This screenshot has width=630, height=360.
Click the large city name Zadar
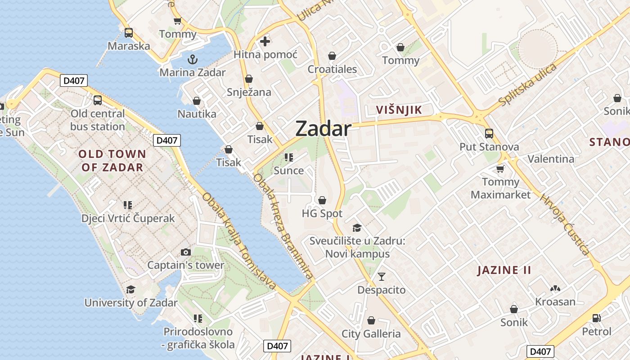point(323,129)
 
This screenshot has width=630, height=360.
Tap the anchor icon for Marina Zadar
point(193,59)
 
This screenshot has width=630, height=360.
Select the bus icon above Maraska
point(129,33)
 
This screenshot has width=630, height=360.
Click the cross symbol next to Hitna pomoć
point(265,41)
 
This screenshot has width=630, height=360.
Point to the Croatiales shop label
point(332,69)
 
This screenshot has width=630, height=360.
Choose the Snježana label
point(249,92)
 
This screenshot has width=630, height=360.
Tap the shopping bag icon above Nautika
point(196,101)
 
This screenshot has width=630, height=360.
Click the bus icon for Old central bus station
point(98,100)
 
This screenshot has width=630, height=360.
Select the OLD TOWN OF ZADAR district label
point(112,161)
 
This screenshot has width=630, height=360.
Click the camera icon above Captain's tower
point(185,252)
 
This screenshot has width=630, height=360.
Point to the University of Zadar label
point(131,303)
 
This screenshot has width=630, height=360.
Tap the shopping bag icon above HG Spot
point(322,200)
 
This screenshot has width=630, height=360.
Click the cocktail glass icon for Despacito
point(382,277)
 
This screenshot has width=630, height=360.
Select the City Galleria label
point(371,334)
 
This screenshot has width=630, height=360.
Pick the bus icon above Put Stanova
point(489,134)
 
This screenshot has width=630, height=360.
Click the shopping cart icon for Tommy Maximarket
point(500,169)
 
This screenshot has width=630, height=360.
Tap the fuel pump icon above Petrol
point(597,318)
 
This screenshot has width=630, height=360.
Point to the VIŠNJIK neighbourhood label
point(399,110)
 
